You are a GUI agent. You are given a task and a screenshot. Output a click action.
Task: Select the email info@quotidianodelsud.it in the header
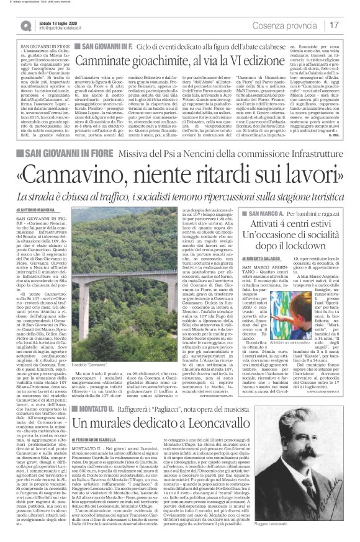63,29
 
